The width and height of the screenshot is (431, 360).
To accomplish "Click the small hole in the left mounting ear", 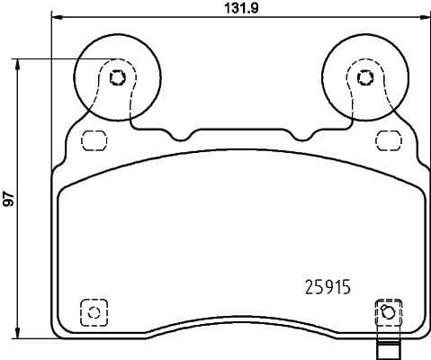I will (x=115, y=76).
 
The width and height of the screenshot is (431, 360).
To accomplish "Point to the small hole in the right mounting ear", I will (x=363, y=76).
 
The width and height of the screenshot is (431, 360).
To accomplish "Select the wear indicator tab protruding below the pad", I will (x=387, y=348).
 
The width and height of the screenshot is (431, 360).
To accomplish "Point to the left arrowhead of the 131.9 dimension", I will (x=55, y=18).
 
